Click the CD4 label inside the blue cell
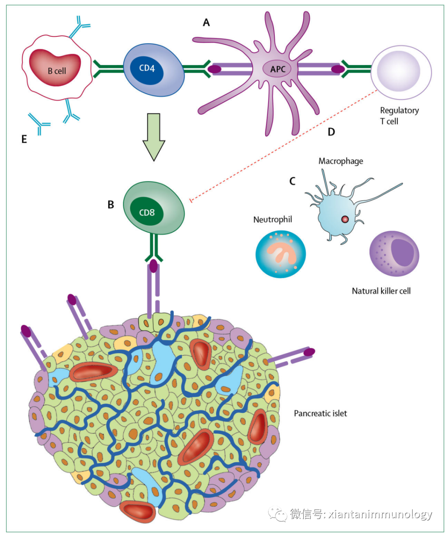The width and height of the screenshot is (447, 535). coord(147,68)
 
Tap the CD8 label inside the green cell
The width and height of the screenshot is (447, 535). coord(147,212)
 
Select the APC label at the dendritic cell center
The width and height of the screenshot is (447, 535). coord(278,69)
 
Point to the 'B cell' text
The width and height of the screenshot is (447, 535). coord(57,71)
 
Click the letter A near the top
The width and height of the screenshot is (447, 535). coord(206,22)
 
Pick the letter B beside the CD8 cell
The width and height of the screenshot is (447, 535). coord(111,205)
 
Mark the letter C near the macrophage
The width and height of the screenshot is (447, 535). coord(292,181)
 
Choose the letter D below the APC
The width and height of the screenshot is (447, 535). coord(331,132)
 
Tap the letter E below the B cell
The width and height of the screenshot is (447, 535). coord(24,139)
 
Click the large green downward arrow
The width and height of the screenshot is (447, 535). coord(154,137)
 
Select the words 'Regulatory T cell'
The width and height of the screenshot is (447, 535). coord(399,116)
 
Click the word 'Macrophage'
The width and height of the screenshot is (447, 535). coord(341,161)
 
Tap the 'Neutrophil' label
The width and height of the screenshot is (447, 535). coord(272,219)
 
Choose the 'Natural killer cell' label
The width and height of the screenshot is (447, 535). coord(381,291)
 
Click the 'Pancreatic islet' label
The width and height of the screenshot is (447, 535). coord(320,413)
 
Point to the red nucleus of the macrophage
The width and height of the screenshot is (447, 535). coord(345,219)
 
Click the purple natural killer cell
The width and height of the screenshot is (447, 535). coord(394,253)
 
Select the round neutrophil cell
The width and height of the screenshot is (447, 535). coord(281,253)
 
